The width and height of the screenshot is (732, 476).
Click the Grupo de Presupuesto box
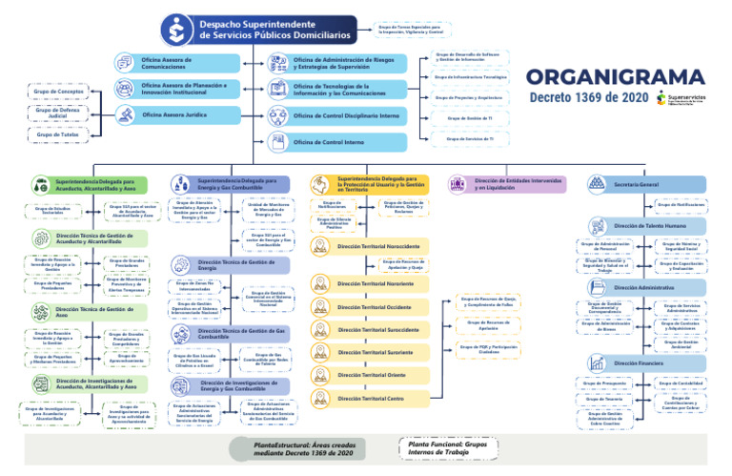tap(603, 383)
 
